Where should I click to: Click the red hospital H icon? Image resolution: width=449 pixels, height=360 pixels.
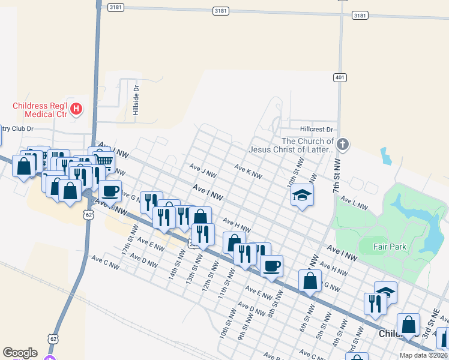point(76,109)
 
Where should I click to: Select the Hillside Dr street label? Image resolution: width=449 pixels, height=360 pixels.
point(136,100)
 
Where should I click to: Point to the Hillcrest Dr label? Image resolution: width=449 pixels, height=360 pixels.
point(316,129)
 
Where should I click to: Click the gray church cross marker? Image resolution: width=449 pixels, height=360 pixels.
point(342,144)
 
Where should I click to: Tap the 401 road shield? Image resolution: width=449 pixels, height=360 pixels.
point(340,77)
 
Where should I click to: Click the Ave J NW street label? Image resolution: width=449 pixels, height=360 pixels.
point(202,170)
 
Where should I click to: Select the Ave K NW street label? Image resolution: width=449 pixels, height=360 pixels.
point(248,172)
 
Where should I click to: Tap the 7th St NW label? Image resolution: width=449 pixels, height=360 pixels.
point(337,173)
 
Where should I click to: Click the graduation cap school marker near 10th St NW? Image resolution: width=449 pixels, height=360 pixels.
point(303,195)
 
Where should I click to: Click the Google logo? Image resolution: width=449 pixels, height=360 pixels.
point(20,353)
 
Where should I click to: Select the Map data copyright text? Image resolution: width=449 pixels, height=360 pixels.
point(423,355)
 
